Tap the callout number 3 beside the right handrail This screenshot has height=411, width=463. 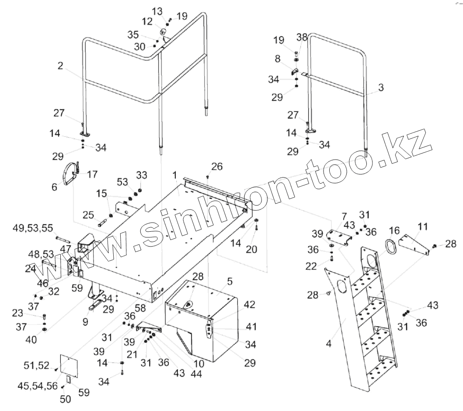coord(381,87)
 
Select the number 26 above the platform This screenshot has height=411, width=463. coord(217,166)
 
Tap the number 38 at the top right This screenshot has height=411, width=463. coord(302,37)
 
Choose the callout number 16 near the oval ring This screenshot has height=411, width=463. coord(394,230)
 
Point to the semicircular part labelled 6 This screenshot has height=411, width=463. coord(69,175)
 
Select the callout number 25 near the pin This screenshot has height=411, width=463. coord(88,215)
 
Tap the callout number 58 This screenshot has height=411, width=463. coord(140,308)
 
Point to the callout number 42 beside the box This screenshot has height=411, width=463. coord(249,304)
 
